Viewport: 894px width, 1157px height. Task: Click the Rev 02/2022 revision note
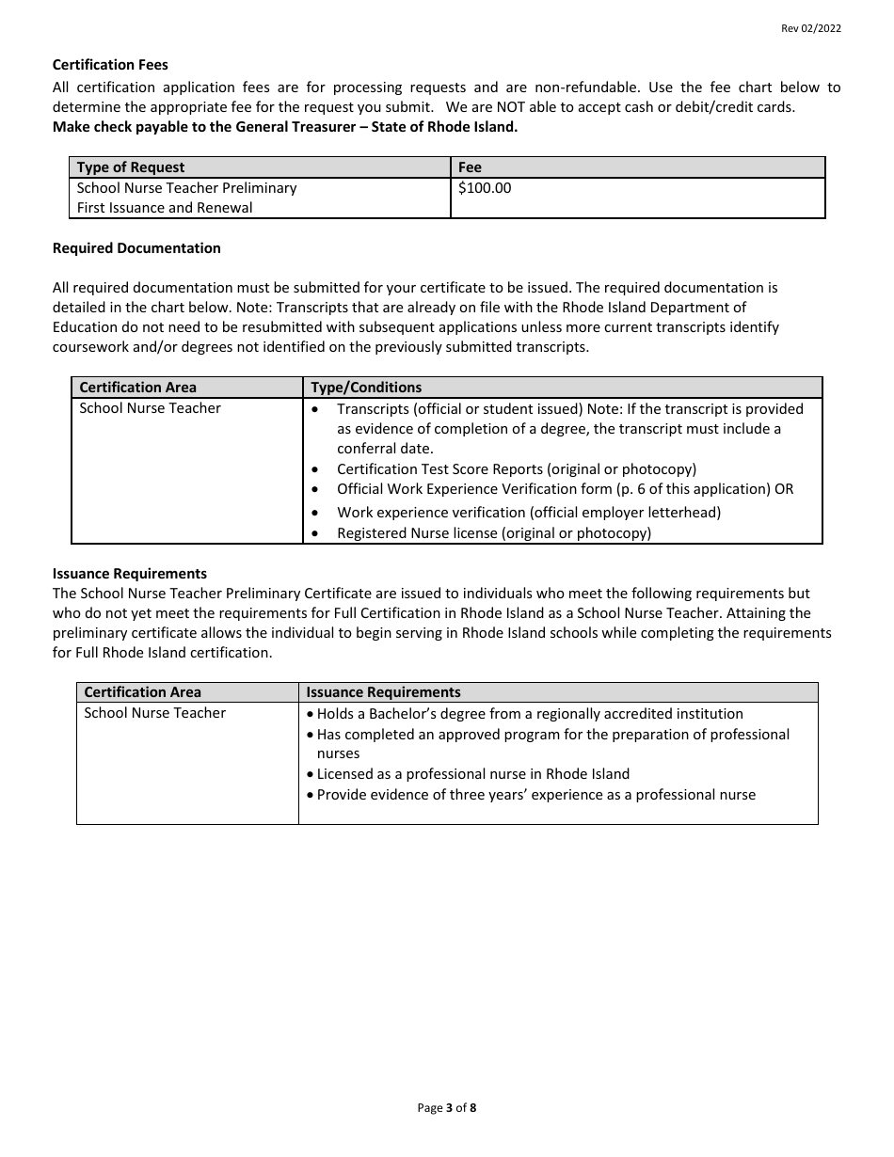coord(810,28)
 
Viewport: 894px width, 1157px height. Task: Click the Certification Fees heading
coord(110,65)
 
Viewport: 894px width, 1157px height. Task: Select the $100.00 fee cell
coord(485,188)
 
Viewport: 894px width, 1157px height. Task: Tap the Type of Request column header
coord(131,167)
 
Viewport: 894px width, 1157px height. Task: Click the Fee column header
coord(470,167)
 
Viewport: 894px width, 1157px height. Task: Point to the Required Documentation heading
coord(136,248)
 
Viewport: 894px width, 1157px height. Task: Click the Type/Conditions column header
coord(366,388)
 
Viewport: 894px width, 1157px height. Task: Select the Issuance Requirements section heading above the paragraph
coord(130,574)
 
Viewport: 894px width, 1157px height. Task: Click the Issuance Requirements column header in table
coord(384,692)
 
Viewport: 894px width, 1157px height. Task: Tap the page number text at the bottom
coord(447,1108)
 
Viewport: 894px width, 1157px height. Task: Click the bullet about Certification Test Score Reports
coord(517,469)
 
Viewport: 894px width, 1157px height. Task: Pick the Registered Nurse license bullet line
coord(494,533)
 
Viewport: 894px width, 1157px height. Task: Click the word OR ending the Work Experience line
coord(784,489)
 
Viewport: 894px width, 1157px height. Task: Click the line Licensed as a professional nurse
coord(473,774)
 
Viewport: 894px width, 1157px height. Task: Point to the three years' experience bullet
coord(536,795)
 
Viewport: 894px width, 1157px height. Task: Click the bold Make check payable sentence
coord(285,127)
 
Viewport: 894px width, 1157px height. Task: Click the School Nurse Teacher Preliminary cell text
coord(186,188)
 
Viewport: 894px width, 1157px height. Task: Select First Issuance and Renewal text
coord(165,208)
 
